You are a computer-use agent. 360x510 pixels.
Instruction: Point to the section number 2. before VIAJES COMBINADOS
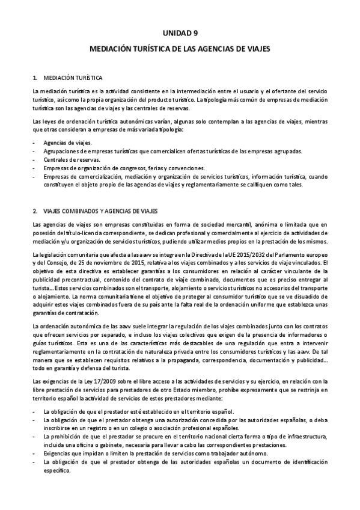(35, 210)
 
